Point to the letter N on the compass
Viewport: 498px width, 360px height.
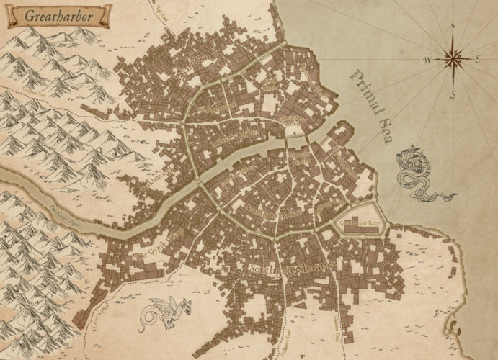click(x=453, y=27)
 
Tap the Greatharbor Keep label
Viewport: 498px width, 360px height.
click(x=360, y=223)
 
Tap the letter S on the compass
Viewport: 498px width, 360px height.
click(x=453, y=93)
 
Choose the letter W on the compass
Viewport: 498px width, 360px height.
click(x=427, y=58)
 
